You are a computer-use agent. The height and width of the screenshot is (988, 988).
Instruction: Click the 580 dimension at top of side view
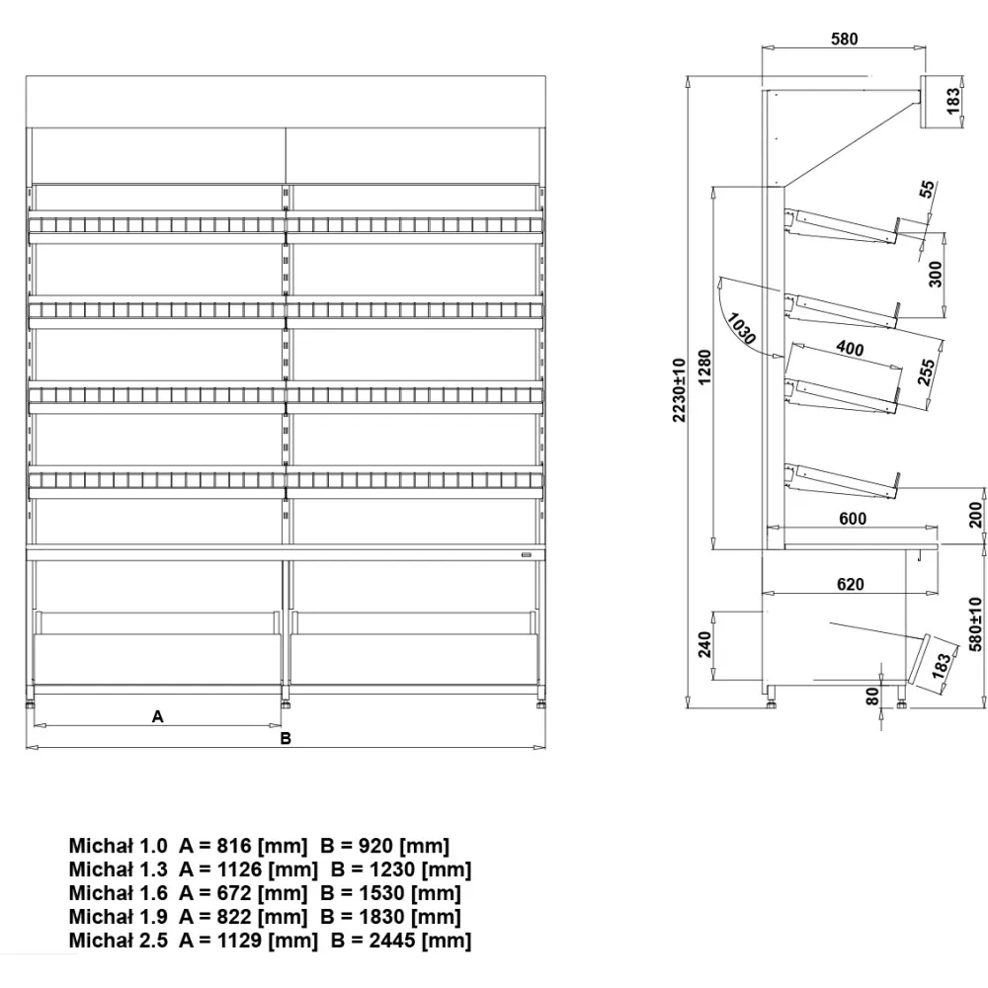(x=845, y=40)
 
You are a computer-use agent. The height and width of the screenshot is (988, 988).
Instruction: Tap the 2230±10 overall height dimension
(x=679, y=391)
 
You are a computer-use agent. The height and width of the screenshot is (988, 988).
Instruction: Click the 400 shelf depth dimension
(x=849, y=348)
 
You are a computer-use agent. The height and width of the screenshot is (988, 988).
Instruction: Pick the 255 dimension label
(x=926, y=372)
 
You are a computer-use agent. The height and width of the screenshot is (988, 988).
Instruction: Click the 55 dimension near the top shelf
(x=926, y=190)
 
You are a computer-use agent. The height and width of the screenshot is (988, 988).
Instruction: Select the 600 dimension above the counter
(x=852, y=520)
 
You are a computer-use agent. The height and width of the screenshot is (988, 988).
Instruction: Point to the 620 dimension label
(x=850, y=584)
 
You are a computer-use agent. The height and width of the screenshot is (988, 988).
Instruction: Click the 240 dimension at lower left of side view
(x=704, y=644)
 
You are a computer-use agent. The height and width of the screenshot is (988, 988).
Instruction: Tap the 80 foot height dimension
(x=871, y=696)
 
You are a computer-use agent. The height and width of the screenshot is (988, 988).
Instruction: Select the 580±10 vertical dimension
(x=976, y=623)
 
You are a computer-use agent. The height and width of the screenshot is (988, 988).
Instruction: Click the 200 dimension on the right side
(x=976, y=515)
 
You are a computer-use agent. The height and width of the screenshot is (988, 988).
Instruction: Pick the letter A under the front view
(x=157, y=718)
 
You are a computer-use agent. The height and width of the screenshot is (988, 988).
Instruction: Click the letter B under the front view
(x=286, y=738)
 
